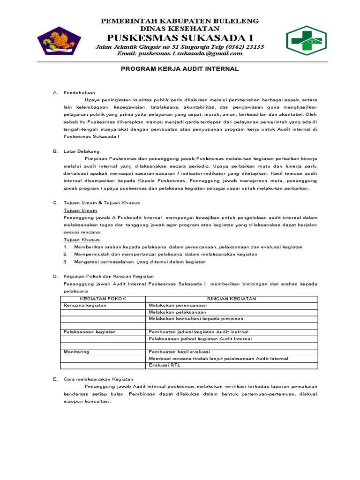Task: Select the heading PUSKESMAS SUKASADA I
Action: tap(180, 37)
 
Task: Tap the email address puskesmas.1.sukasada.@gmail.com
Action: tap(180, 53)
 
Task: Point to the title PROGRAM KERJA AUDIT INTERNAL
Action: tap(180, 69)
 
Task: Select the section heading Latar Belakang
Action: tap(82, 151)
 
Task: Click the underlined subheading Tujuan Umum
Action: tap(80, 210)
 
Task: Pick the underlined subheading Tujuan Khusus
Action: tap(82, 240)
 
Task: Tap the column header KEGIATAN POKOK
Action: tap(103, 299)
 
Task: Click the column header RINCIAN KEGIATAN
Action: tap(232, 299)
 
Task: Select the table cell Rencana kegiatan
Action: tap(85, 305)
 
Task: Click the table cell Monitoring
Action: tap(76, 352)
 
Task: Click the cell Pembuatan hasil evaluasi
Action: tap(180, 352)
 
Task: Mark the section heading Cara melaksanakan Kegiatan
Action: tap(98, 379)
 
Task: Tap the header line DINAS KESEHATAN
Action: tap(180, 29)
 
